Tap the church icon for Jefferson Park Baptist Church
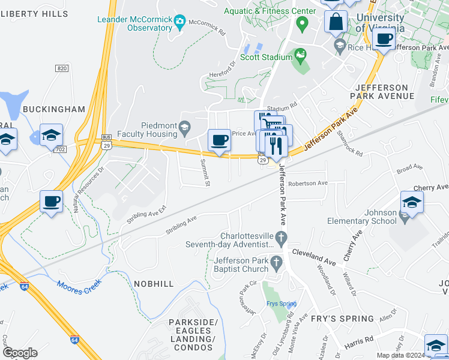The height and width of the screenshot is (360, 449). click(x=276, y=262)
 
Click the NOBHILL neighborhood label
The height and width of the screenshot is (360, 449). click(x=154, y=284)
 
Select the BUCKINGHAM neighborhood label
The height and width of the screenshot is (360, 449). click(x=54, y=109)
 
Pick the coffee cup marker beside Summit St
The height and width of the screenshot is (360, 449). click(x=218, y=141)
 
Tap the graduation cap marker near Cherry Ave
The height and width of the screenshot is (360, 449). click(x=412, y=202)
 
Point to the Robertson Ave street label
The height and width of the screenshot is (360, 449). click(x=307, y=184)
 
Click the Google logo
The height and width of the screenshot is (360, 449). click(x=20, y=353)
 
